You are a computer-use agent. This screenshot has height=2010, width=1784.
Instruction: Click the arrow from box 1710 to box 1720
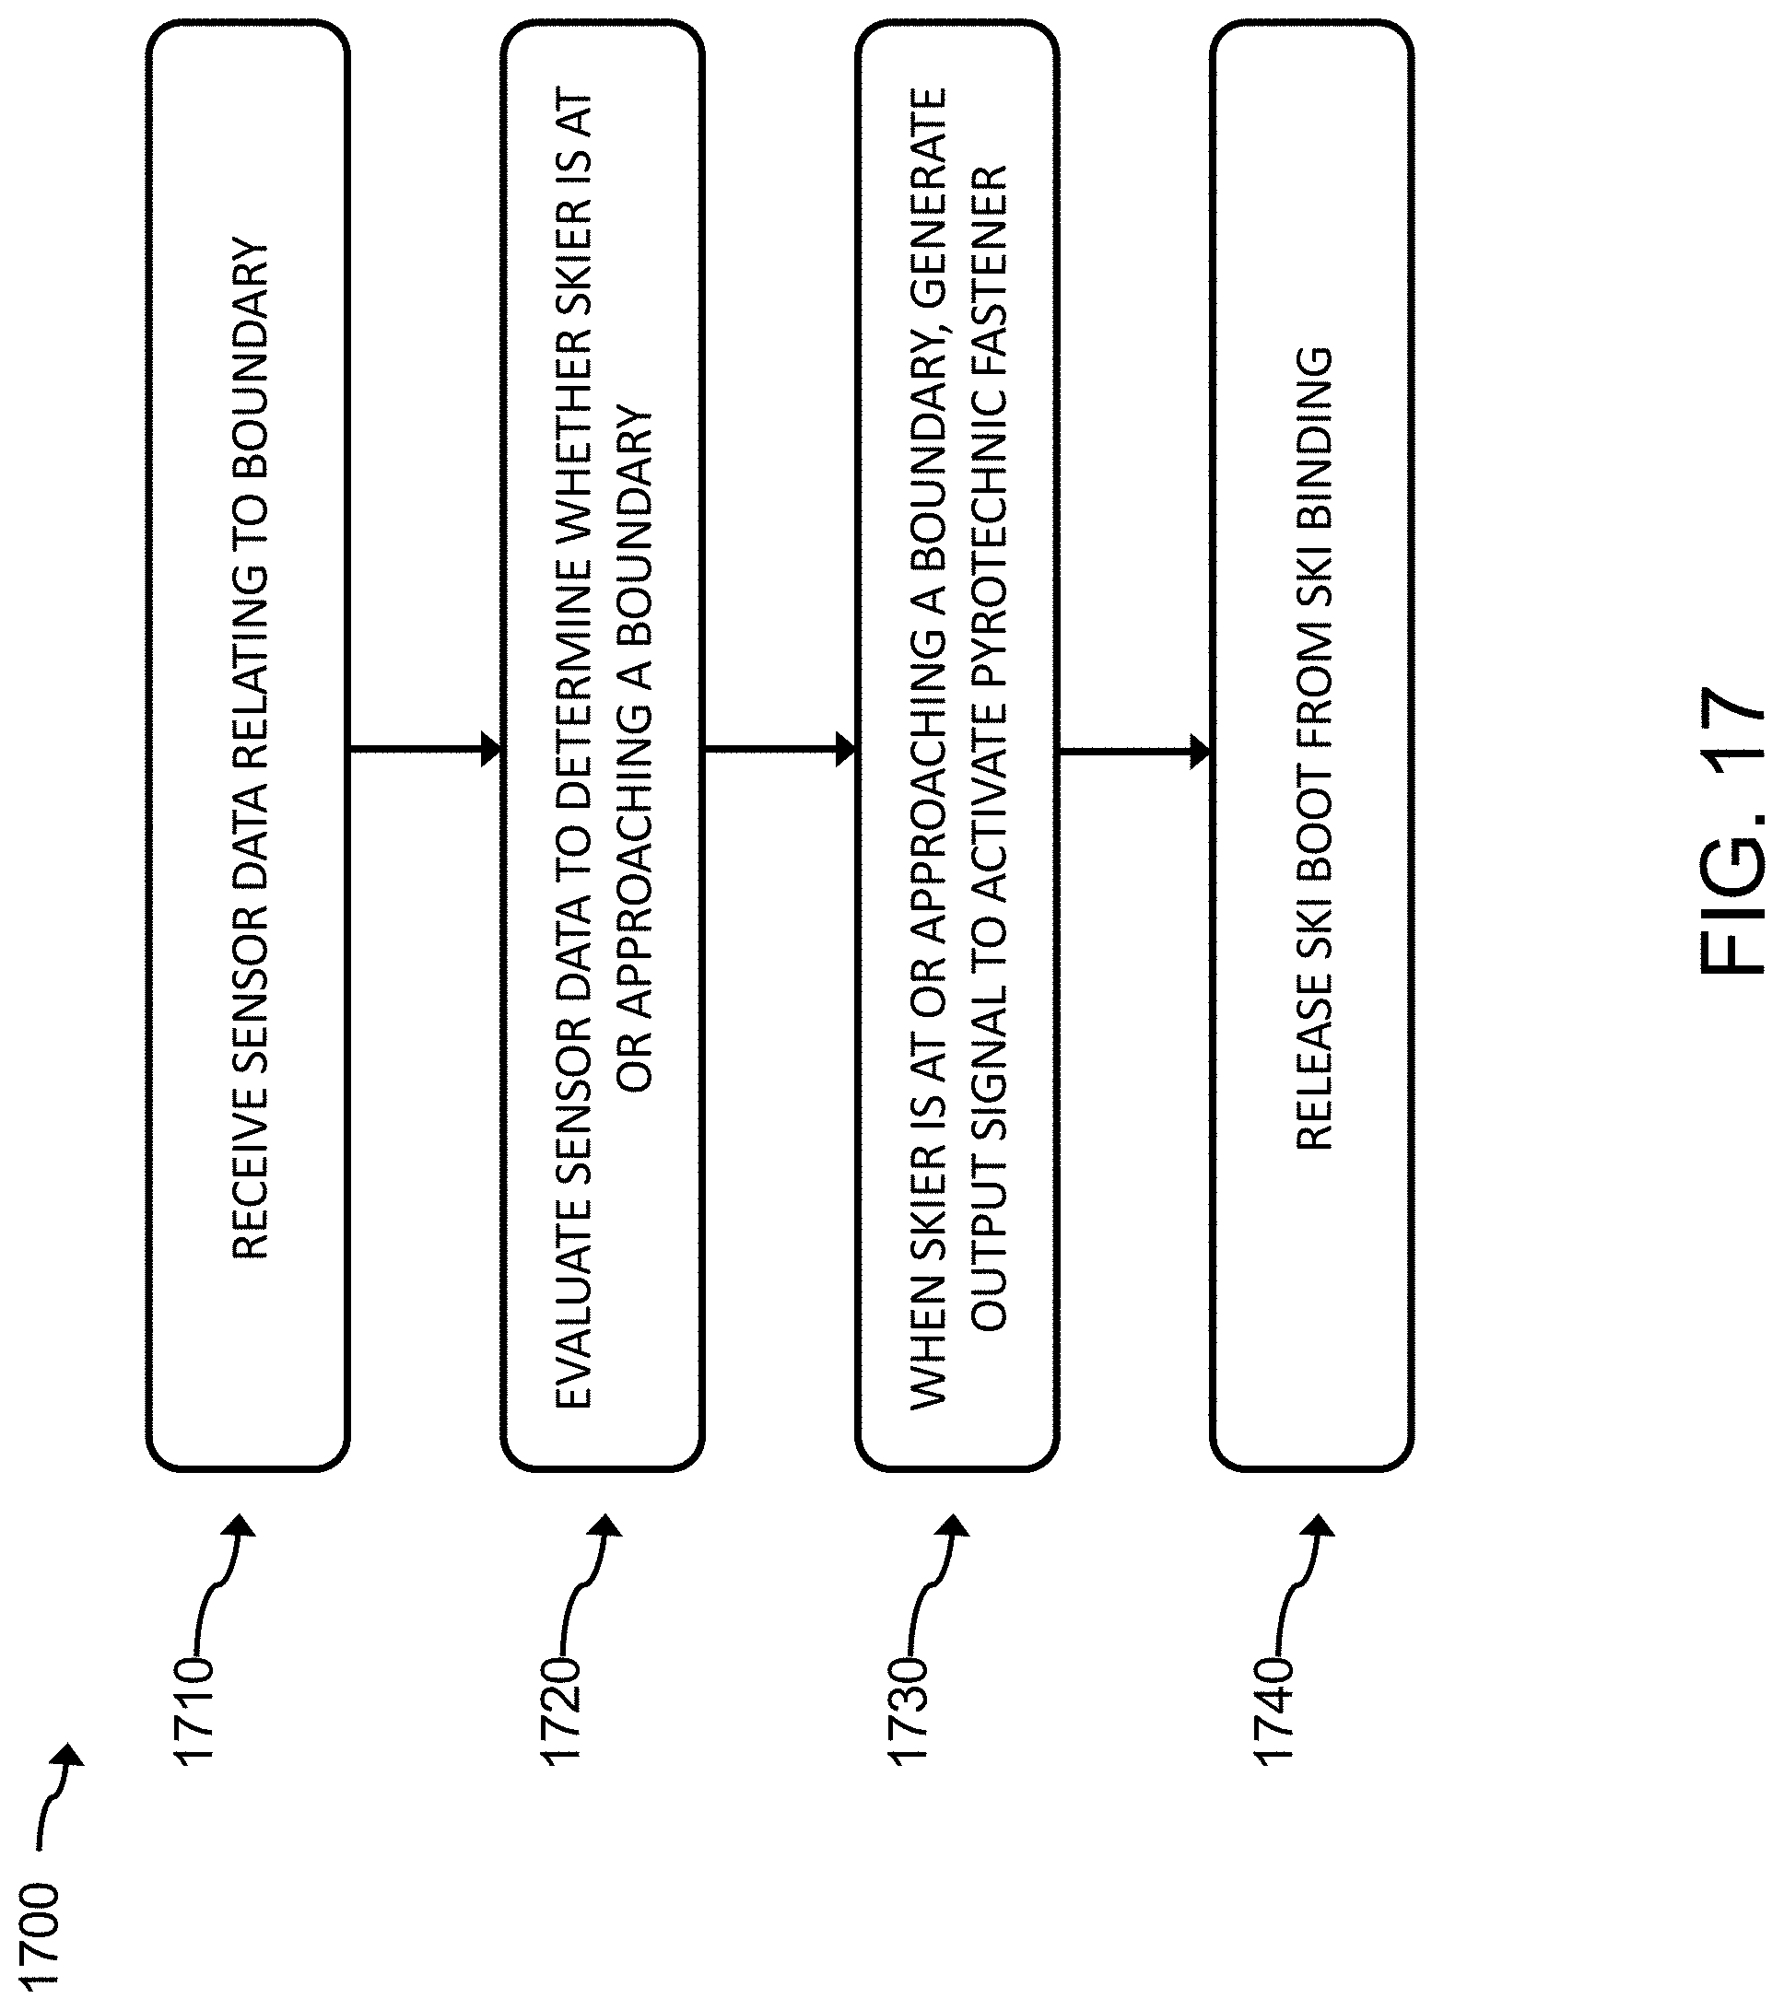click(x=425, y=749)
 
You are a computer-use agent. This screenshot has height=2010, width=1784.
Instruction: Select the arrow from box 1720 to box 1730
click(x=780, y=749)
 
